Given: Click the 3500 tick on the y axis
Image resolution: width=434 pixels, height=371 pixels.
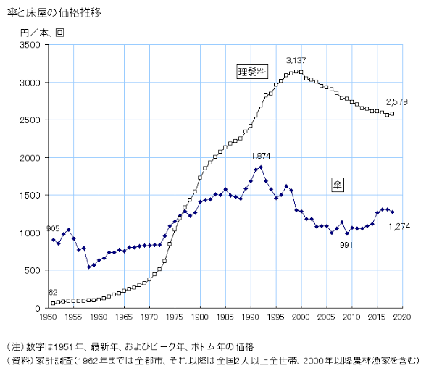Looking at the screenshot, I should click(x=34, y=45).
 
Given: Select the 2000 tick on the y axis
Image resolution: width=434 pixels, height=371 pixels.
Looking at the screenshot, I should click(x=34, y=158).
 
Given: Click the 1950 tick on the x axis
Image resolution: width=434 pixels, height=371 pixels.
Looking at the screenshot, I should click(x=48, y=317).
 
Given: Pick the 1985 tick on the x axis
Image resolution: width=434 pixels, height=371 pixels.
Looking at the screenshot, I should click(x=225, y=317).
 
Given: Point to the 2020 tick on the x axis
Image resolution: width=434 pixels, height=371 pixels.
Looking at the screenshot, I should click(x=403, y=317).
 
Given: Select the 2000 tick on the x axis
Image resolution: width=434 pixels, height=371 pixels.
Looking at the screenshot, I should click(x=301, y=317).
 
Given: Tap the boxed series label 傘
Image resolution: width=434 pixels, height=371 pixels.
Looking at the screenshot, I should click(x=338, y=184).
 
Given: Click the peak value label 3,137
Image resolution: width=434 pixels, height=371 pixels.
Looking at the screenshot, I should click(x=296, y=60).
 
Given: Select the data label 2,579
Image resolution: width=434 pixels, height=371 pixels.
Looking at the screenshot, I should click(x=396, y=102).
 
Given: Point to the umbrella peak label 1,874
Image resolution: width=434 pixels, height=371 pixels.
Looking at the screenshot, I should click(x=261, y=156).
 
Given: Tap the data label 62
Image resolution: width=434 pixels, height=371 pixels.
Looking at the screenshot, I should click(x=54, y=292).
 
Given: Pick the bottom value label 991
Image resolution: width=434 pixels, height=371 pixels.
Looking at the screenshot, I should click(x=346, y=244).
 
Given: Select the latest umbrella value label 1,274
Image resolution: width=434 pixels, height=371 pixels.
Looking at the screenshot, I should click(x=400, y=227).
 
